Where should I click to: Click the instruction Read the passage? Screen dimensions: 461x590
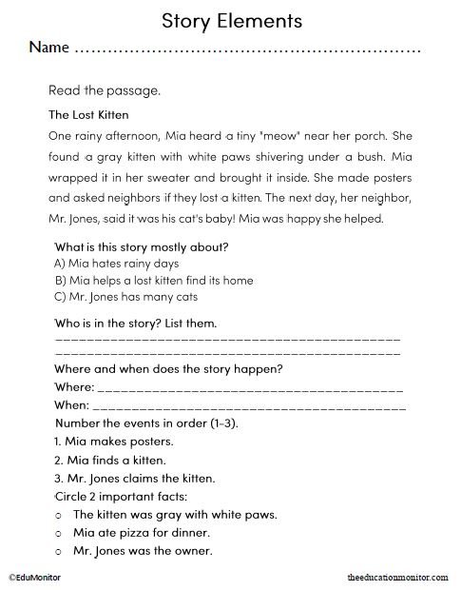pos(105,91)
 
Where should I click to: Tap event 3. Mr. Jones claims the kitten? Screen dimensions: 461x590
pos(135,478)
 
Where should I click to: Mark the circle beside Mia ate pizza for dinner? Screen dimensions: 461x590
pos(60,532)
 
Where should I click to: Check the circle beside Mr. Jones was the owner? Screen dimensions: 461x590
pos(60,550)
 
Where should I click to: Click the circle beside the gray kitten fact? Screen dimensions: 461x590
pos(60,515)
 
